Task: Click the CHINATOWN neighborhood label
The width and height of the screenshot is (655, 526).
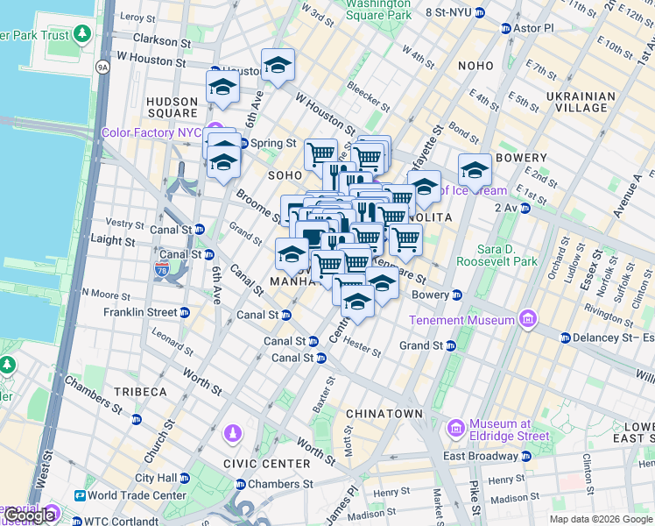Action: (x=384, y=412)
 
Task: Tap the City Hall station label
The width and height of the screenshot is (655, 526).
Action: (x=157, y=478)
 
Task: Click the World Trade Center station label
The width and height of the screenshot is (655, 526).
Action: (x=136, y=495)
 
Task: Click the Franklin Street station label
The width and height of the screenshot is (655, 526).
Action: (x=140, y=312)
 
